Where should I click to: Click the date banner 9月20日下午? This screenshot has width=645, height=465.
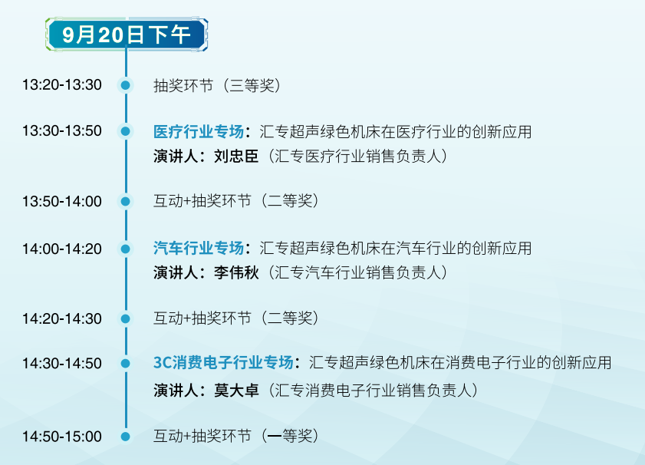[x=127, y=35]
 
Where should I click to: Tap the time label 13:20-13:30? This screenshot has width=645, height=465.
[x=62, y=84]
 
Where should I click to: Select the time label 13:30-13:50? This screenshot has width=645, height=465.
[x=62, y=131]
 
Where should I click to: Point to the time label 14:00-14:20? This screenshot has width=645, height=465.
[x=62, y=249]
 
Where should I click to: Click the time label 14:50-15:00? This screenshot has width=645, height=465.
[x=62, y=436]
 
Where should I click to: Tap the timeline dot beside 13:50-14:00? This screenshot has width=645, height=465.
[x=126, y=201]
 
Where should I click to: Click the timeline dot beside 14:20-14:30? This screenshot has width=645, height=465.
[x=126, y=318]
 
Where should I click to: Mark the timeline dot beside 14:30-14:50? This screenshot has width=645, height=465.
[x=126, y=364]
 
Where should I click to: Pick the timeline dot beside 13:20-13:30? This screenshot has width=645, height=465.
[x=126, y=85]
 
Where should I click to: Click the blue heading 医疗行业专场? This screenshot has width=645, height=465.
[x=199, y=132]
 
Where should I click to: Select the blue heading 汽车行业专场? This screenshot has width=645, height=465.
[x=199, y=248]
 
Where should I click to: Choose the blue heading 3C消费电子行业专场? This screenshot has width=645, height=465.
[x=223, y=362]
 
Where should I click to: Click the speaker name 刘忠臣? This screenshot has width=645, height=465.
[x=236, y=157]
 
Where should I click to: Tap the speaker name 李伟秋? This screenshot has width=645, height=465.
[x=236, y=272]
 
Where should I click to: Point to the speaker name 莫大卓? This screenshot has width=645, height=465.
[x=236, y=390]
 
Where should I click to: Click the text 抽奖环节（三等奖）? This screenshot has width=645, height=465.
[x=217, y=86]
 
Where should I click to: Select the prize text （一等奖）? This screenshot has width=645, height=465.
[x=290, y=436]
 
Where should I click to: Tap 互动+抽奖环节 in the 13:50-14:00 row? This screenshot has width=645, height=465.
[x=202, y=201]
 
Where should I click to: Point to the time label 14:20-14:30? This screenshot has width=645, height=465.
[x=62, y=319]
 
